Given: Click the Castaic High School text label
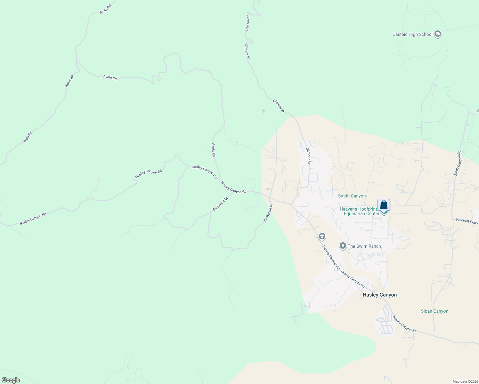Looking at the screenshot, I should (x=412, y=35).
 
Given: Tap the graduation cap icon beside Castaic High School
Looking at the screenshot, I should (x=438, y=34).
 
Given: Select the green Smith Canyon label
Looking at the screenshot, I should (x=352, y=196).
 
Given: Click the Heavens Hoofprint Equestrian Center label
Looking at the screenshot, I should (x=359, y=211).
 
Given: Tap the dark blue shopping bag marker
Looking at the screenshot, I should (x=384, y=205).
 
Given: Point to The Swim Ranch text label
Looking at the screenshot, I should (x=364, y=246).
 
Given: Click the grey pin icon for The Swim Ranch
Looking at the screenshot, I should (x=343, y=246).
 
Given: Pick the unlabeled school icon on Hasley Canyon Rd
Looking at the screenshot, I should (x=322, y=236).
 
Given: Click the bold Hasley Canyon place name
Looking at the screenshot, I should (x=379, y=295).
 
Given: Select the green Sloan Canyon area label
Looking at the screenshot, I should (x=434, y=311).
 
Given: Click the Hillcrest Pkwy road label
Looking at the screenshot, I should (x=467, y=221).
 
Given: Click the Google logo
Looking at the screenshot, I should (x=11, y=380).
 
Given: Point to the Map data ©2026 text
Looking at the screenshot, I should (x=465, y=381).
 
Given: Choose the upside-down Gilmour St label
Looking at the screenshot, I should (x=248, y=22).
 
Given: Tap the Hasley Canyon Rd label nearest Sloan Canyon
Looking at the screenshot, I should (x=405, y=324).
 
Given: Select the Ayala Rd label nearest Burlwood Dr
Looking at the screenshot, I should (x=214, y=150).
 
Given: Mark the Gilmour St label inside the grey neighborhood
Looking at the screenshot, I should (x=308, y=156).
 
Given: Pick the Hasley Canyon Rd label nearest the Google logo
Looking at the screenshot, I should (x=33, y=219).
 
